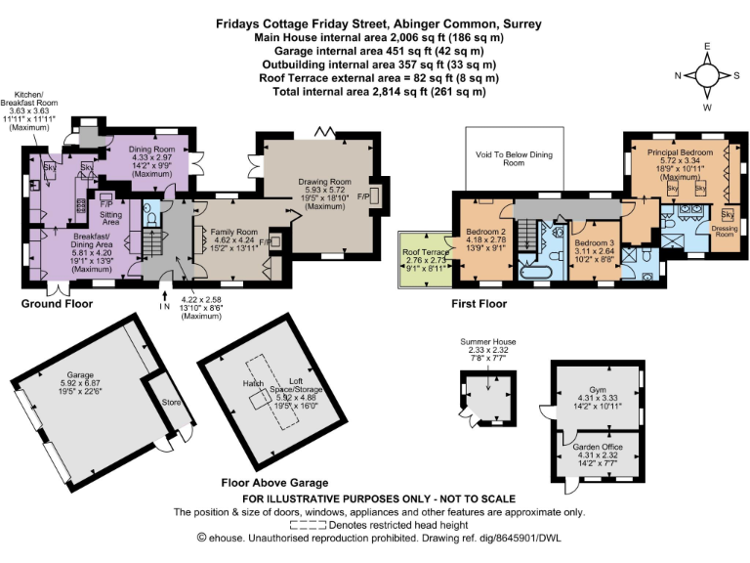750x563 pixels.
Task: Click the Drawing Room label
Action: click(x=326, y=182)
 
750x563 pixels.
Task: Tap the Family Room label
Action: click(x=227, y=231)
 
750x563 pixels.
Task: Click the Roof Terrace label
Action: click(x=425, y=252)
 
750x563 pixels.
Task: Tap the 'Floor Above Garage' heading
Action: click(x=261, y=483)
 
